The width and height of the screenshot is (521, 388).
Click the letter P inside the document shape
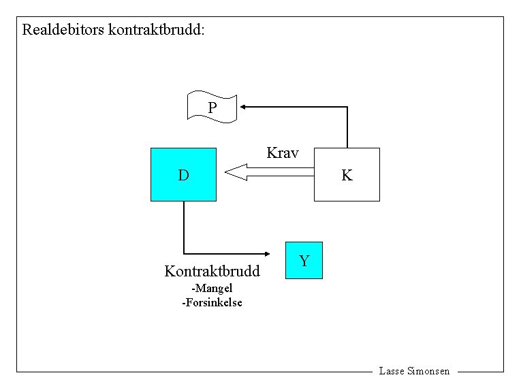[x=212, y=108]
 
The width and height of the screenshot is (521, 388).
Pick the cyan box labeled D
[x=183, y=175]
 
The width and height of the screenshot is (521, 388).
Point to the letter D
[x=183, y=176]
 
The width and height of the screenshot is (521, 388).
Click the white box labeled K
[x=347, y=175]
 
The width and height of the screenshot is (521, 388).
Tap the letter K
[x=347, y=176]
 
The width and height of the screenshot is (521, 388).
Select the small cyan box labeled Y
[x=304, y=260]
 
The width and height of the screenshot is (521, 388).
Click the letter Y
[x=304, y=261]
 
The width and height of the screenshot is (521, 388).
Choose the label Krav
[x=283, y=152]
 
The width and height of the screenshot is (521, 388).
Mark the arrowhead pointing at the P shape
[x=243, y=106]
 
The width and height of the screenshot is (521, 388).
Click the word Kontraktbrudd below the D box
[x=212, y=272]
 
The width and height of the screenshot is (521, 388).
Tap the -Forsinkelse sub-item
[x=212, y=302]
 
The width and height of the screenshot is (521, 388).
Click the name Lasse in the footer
[x=392, y=371]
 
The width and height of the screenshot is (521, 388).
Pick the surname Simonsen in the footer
[x=428, y=371]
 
